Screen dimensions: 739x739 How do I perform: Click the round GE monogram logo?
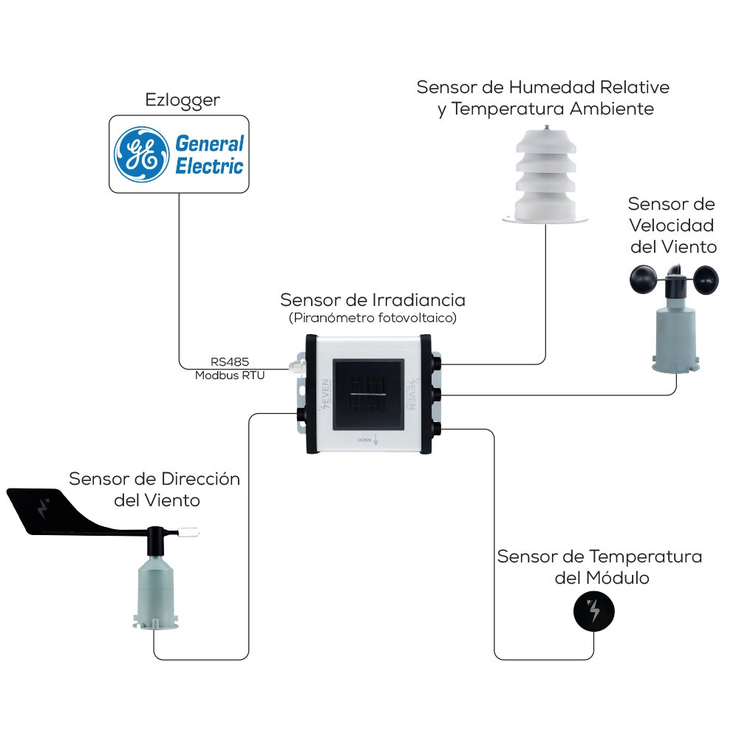coord(140,154)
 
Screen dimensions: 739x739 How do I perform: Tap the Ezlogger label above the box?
coord(183,100)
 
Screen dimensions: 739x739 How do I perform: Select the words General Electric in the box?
coord(209,154)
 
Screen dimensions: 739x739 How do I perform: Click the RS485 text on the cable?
coord(230,362)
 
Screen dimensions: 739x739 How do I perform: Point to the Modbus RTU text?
coord(230,375)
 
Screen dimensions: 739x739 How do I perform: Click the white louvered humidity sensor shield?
coord(545,177)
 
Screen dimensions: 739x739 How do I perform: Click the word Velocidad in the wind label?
coord(672,225)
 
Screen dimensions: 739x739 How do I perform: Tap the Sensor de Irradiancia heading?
coord(372,300)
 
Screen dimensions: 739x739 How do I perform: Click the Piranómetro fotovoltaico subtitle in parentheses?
coord(372,318)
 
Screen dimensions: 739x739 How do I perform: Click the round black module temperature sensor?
coord(594,611)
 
